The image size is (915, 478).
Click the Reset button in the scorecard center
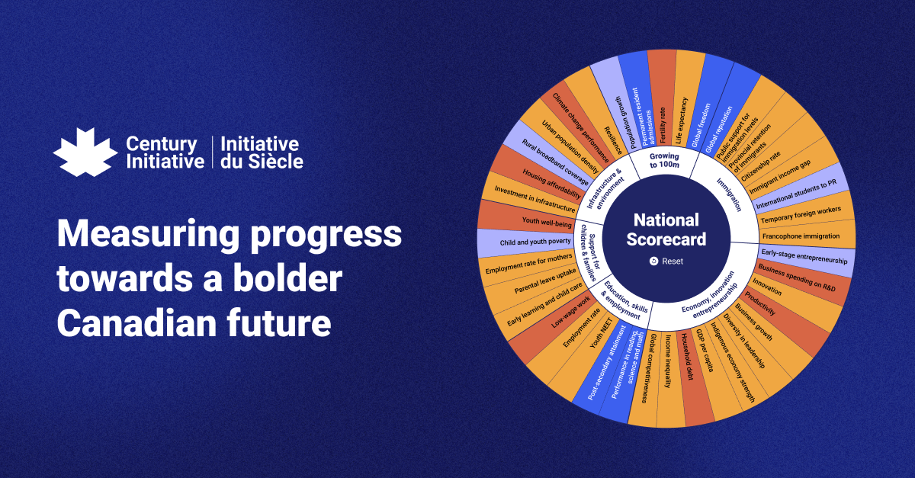pos(666,261)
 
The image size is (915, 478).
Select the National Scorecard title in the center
pos(666,229)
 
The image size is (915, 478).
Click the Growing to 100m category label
pos(664,161)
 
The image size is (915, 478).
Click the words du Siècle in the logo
pos(262,161)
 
